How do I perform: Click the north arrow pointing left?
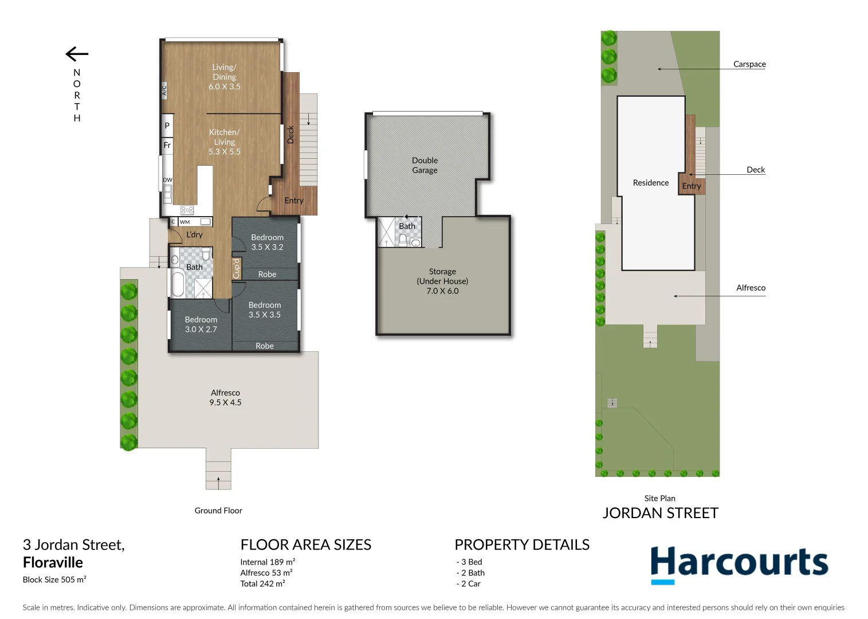[x=77, y=54]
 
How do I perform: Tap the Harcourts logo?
[x=739, y=564]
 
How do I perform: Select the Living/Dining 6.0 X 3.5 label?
[x=224, y=77]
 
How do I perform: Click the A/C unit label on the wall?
[x=164, y=90]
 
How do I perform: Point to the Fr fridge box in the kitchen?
[x=167, y=146]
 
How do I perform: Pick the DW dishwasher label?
[x=167, y=180]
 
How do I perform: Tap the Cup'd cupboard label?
[x=236, y=269]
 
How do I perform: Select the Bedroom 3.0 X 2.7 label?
[x=201, y=324]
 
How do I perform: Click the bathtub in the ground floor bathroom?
[x=178, y=284]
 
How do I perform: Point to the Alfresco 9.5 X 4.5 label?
[x=225, y=398]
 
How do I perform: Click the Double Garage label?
[x=425, y=165]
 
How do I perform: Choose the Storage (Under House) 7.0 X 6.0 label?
[x=442, y=281]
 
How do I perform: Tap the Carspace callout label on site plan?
[x=749, y=64]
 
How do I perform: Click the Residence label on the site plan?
[x=650, y=183]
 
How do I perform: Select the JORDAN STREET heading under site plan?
[x=660, y=513]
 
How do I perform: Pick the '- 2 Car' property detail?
[x=469, y=584]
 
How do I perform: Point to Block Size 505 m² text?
[x=54, y=579]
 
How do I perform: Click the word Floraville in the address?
[x=53, y=562]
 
